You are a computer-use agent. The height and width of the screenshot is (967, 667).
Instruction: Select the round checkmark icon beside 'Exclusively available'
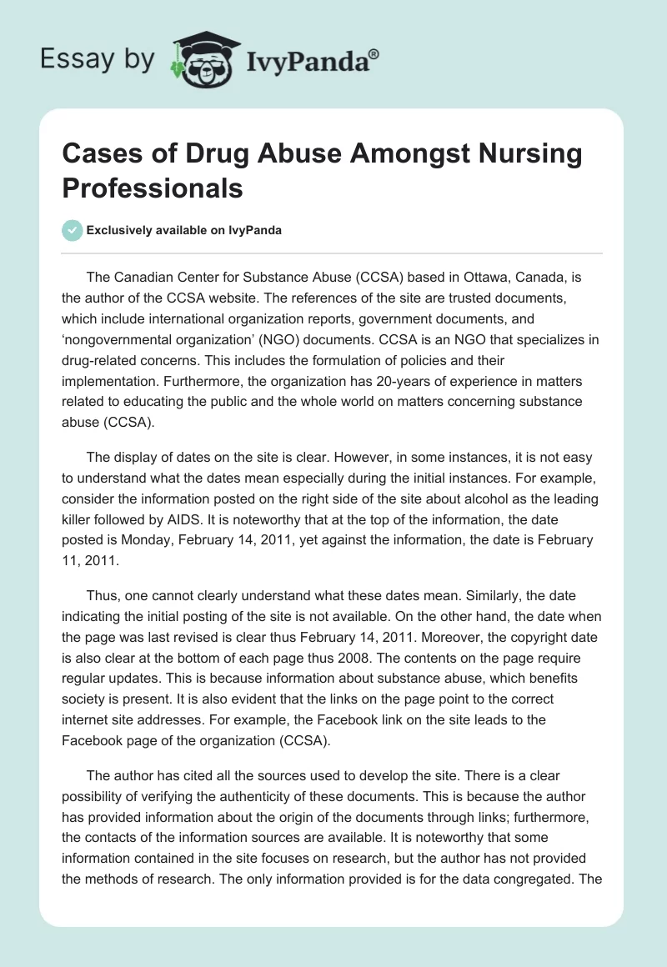coord(73,230)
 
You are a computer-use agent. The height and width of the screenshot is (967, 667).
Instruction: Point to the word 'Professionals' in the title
coord(153,188)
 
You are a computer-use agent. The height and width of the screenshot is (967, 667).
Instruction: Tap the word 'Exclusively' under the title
coord(122,231)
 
